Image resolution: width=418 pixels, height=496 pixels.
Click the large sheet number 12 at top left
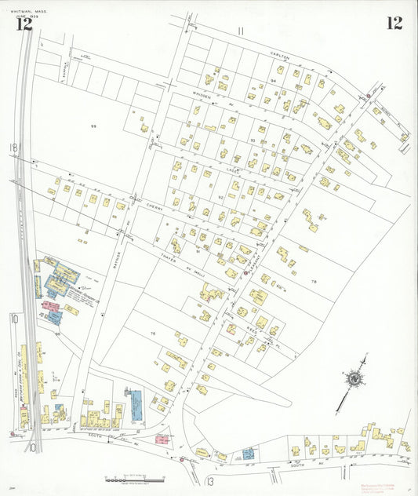(24, 24)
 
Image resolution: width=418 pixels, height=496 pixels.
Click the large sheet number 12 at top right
(394, 23)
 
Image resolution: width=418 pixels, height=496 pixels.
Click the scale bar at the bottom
(135, 477)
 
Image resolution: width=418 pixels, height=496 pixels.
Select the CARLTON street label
(280, 57)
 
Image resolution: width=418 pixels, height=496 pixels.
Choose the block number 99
(93, 126)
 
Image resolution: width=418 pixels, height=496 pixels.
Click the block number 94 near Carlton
(274, 81)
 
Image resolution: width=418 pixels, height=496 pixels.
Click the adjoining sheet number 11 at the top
(241, 31)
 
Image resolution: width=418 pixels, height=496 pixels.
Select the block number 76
(154, 334)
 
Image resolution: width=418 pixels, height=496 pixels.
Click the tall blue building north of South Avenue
(135, 400)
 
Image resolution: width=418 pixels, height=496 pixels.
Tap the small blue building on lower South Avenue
(248, 454)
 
